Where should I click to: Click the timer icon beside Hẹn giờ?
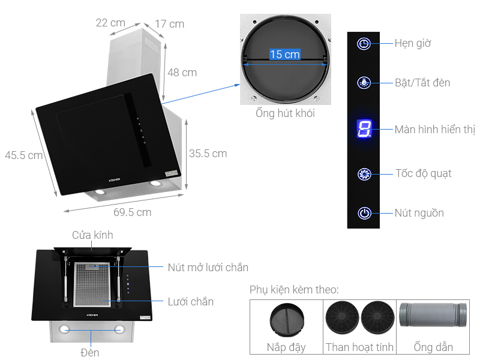click(x=364, y=44)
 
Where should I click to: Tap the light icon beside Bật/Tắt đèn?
click(x=364, y=83)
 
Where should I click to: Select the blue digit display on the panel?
click(x=364, y=128)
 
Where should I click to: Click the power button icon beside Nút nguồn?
click(x=364, y=213)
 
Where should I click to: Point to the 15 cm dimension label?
click(x=284, y=55)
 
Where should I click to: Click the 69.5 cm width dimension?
click(x=132, y=212)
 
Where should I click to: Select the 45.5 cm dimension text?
click(x=23, y=155)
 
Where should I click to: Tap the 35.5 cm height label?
click(x=208, y=154)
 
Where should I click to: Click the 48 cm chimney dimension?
click(x=182, y=73)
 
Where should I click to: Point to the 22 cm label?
click(x=110, y=23)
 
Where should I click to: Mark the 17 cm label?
click(x=169, y=24)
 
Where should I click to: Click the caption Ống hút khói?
click(x=284, y=113)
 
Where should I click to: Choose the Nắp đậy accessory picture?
click(x=286, y=320)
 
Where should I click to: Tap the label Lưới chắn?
click(x=190, y=301)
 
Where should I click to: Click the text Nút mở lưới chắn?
click(x=208, y=268)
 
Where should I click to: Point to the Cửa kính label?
click(x=92, y=235)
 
